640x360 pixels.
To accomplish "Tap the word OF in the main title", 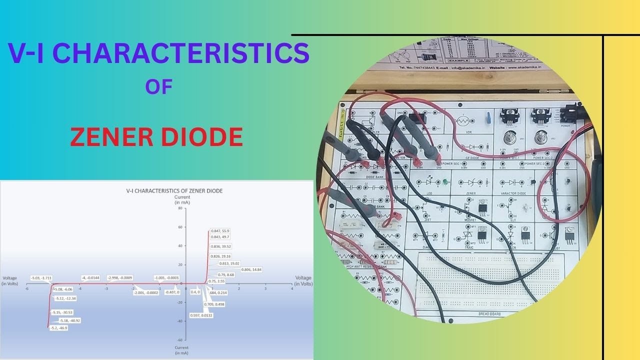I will (x=159, y=87).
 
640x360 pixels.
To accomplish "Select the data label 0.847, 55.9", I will (x=220, y=230).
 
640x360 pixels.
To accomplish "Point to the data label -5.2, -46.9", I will (x=58, y=328).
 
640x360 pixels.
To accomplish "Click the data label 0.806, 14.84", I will (x=251, y=269).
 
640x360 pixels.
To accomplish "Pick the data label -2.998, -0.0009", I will (x=119, y=277).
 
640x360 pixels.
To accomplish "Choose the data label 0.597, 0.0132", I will (x=201, y=315).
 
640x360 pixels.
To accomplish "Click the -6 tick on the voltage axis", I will (x=26, y=288).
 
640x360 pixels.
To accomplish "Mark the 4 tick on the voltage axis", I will (x=292, y=288).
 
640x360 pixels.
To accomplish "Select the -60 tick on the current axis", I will (x=179, y=340).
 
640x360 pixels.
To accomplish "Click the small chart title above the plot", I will (x=174, y=190).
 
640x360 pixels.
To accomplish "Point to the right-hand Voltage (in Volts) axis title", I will (x=303, y=280).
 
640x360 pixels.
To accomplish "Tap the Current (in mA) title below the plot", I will (x=181, y=349).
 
